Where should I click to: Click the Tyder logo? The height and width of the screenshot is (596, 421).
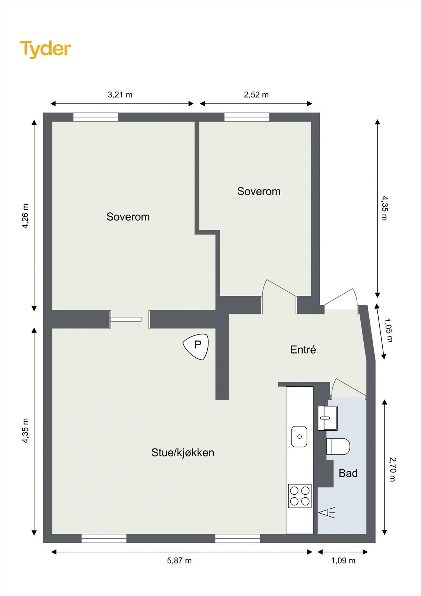point(45,49)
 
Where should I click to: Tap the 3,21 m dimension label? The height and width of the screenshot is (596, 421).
point(120,95)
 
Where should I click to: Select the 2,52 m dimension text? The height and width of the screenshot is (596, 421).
point(256,95)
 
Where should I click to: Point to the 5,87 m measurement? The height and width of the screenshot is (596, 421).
point(179,561)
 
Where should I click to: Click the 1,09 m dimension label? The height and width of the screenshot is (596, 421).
point(343,561)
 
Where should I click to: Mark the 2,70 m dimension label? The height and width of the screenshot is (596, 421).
point(392,469)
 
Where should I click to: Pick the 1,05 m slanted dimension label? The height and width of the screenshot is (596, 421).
point(388,330)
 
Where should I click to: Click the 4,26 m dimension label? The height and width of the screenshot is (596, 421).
point(25,216)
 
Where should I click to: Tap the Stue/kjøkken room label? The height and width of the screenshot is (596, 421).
point(182,453)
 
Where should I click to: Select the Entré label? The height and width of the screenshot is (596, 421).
point(303,350)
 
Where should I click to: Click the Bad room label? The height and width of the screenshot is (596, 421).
point(348,473)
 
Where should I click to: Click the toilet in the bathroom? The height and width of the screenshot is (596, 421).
point(338,447)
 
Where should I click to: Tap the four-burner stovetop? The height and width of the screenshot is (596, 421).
point(300,496)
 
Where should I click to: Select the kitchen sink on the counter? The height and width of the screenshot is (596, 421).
point(299,437)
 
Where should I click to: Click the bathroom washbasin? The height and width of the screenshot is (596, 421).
point(327,418)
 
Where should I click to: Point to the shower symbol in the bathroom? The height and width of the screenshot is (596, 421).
point(326,513)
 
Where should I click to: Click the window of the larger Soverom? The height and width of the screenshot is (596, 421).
point(96,117)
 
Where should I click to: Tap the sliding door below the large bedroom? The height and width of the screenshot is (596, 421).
point(126,319)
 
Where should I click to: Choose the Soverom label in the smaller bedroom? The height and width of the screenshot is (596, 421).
point(259,191)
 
